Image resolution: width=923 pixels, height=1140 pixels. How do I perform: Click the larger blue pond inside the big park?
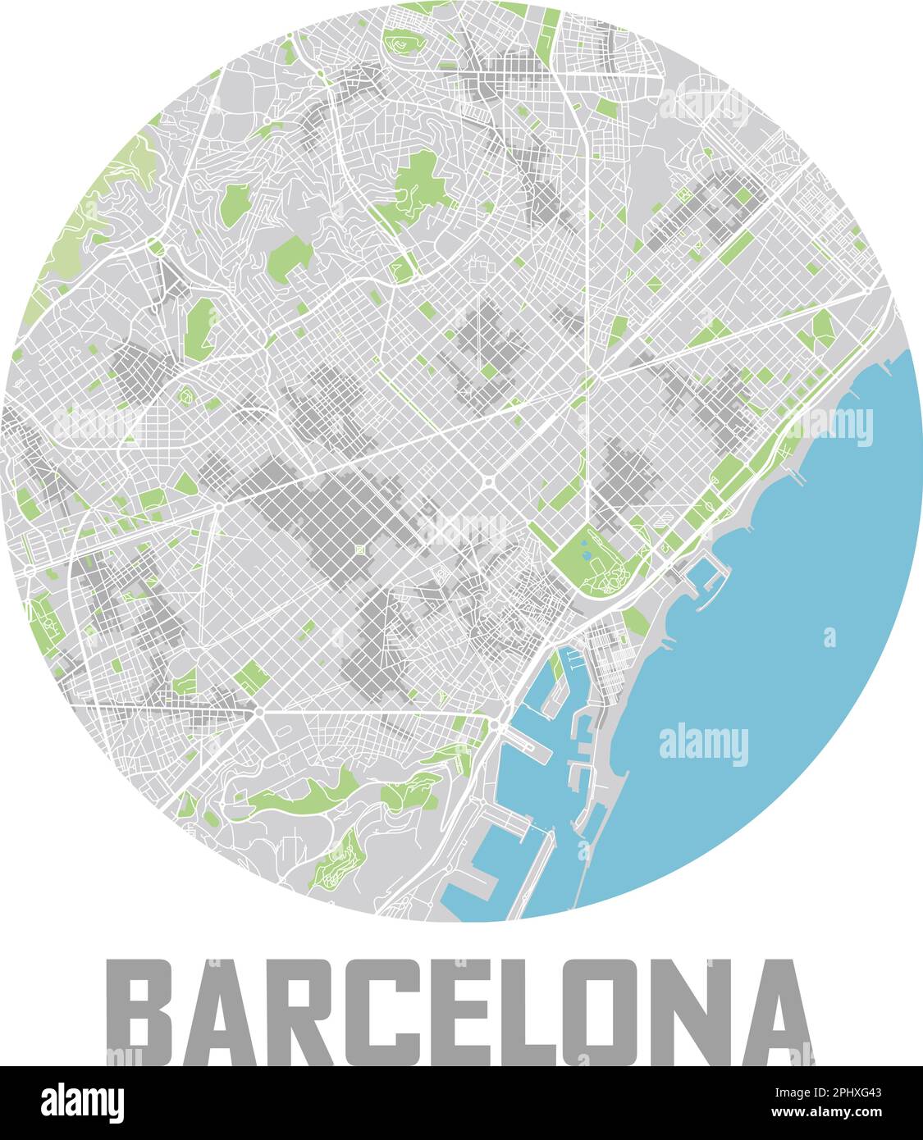pos(583,542)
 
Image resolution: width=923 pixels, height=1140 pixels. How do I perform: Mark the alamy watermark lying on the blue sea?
pos(704,744)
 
